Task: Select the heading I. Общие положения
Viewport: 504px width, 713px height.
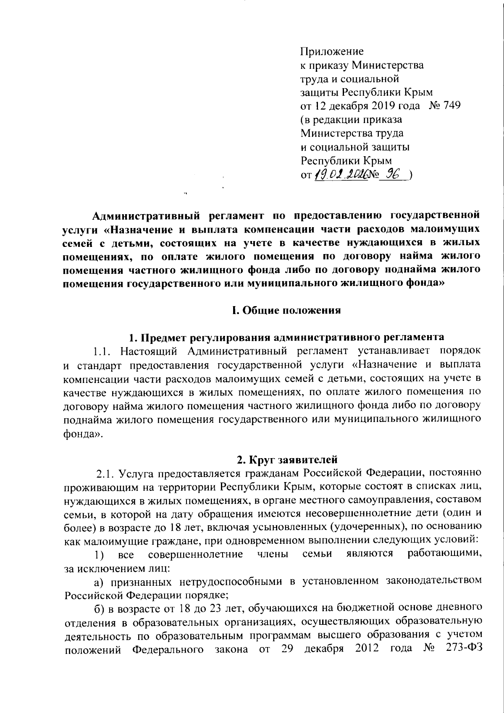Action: pyautogui.click(x=286, y=310)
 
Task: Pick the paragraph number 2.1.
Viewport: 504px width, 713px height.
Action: pyautogui.click(x=105, y=474)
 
